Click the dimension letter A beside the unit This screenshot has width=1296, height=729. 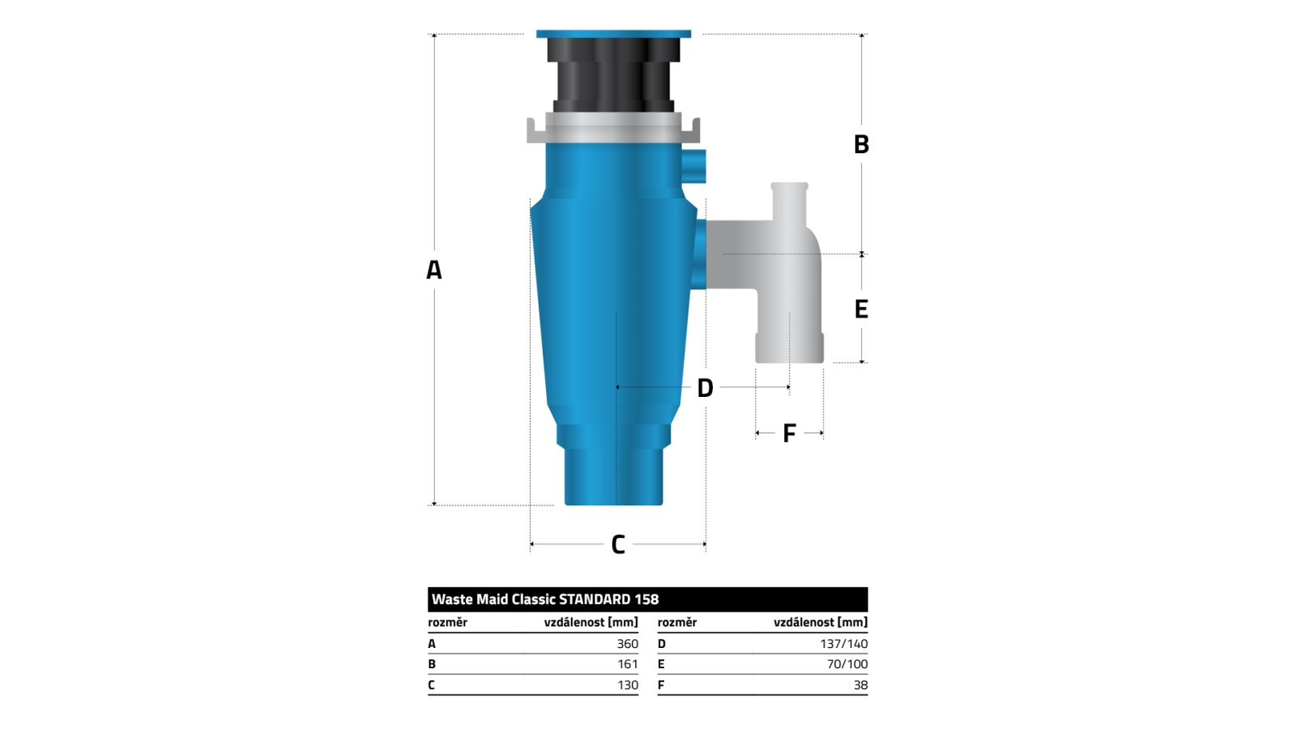[434, 270]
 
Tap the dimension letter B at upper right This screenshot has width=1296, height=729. [862, 144]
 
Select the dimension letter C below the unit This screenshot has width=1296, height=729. [618, 544]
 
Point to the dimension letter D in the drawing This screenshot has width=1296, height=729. [705, 388]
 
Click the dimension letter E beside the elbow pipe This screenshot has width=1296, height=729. [862, 309]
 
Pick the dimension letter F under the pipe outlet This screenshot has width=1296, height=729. [789, 433]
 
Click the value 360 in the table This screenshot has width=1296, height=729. [627, 644]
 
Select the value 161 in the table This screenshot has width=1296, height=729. [628, 664]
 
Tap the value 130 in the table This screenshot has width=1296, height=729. [628, 685]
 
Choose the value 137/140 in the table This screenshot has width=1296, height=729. [843, 644]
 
